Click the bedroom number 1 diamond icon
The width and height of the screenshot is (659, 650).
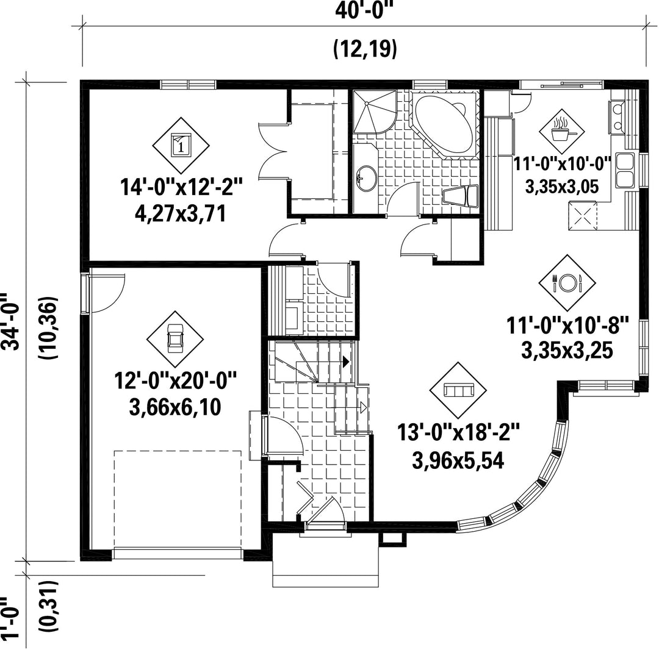tap(181, 145)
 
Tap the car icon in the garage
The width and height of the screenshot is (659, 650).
tap(175, 339)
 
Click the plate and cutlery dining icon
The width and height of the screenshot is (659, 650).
tap(567, 282)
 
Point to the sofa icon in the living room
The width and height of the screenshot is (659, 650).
tap(458, 390)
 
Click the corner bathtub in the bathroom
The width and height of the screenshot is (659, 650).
tap(444, 124)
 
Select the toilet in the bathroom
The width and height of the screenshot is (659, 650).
tap(461, 196)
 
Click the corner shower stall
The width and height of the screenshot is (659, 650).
tap(374, 111)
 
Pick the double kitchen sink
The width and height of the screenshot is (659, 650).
tap(625, 170)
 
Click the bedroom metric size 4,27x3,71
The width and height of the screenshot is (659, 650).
tap(181, 213)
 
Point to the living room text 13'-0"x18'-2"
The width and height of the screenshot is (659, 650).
tap(458, 432)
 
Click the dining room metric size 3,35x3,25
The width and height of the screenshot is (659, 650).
tap(567, 350)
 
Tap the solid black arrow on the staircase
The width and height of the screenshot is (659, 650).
tap(347, 361)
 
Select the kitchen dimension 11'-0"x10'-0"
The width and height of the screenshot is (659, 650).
tap(562, 164)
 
